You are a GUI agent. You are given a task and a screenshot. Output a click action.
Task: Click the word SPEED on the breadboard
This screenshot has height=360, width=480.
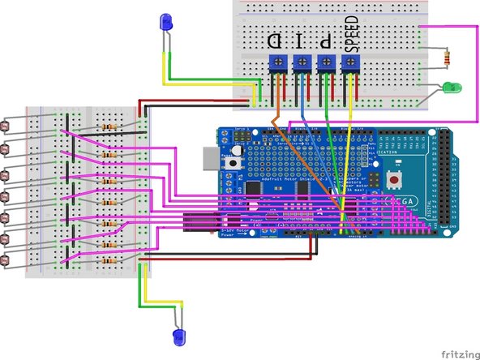point(351,33)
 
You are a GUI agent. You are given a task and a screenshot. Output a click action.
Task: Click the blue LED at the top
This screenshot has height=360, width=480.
point(166,21)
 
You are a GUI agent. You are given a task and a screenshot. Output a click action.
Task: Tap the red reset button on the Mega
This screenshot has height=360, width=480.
point(395,177)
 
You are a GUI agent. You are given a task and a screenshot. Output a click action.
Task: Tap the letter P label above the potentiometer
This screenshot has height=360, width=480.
point(325,38)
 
